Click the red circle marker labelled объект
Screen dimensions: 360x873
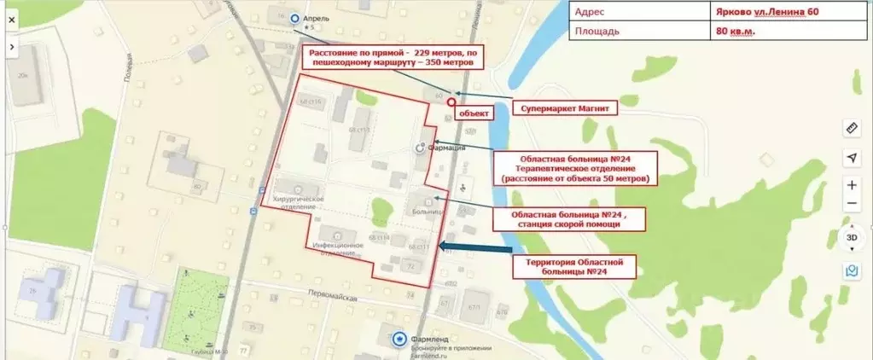pyautogui.click(x=451, y=102)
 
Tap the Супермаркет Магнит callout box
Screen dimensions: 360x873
pyautogui.click(x=564, y=109)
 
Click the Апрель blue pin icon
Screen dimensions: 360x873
pyautogui.click(x=295, y=17)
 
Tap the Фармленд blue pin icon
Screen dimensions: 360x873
pyautogui.click(x=399, y=339)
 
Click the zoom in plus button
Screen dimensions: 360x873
pyautogui.click(x=852, y=185)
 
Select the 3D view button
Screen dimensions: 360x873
pyautogui.click(x=851, y=237)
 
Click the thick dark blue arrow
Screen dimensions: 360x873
pyautogui.click(x=474, y=248)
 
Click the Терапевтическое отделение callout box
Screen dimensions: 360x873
pyautogui.click(x=576, y=169)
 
